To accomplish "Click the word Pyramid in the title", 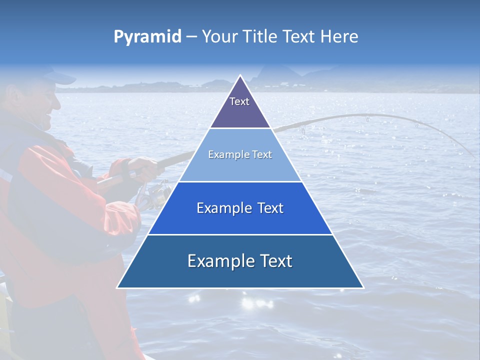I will pos(147,37).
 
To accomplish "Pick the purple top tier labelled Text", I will pos(239,105).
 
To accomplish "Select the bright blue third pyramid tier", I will pos(240,208).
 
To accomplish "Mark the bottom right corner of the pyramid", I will pos(362,287).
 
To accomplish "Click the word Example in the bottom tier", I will pos(217,261).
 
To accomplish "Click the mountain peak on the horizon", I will pos(260,75).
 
